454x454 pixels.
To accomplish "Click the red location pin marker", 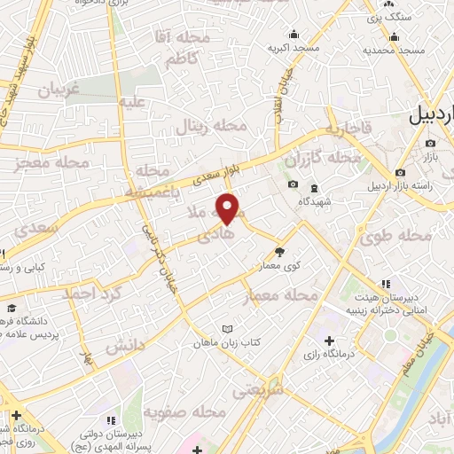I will (x=229, y=208).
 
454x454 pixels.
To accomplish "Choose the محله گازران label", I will (x=324, y=158).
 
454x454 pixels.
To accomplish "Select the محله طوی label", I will (x=396, y=236).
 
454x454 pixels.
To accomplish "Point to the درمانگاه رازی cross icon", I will (x=330, y=340).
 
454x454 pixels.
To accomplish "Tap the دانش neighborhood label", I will (x=125, y=346).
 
